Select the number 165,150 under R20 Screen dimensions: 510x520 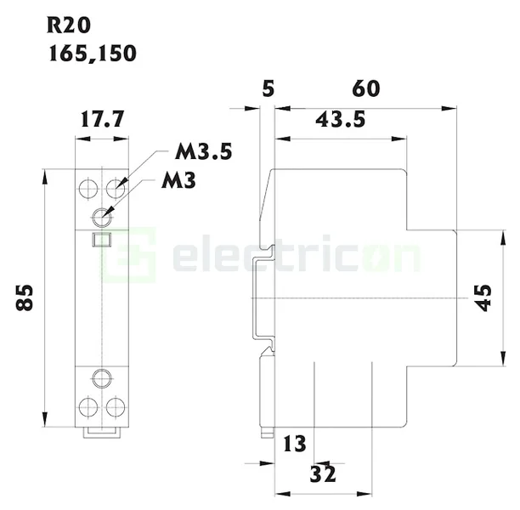91,52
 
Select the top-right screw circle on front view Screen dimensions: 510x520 116,186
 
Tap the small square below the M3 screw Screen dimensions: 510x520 102,240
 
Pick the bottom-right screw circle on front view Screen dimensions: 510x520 116,405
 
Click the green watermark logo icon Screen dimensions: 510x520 127,254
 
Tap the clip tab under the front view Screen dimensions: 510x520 102,433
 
